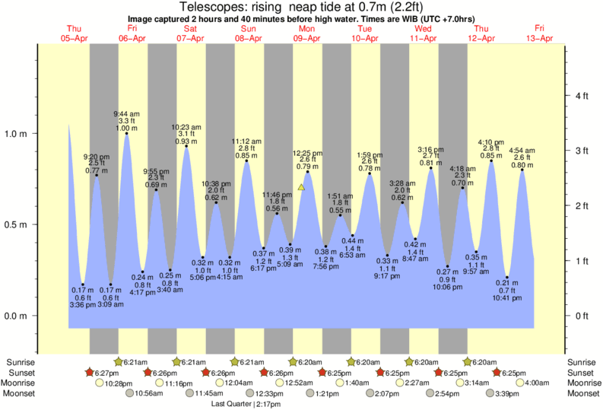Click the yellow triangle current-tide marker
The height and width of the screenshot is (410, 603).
coord(302,186)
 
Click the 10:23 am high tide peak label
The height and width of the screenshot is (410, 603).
coord(186,127)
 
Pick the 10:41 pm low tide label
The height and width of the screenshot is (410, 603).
coord(507,298)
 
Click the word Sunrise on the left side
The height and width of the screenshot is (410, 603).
coord(19,362)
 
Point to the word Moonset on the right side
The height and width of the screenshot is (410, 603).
coord(583,393)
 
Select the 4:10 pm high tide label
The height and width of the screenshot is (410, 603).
coord(490,141)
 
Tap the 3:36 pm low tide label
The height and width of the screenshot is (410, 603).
coord(83,305)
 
